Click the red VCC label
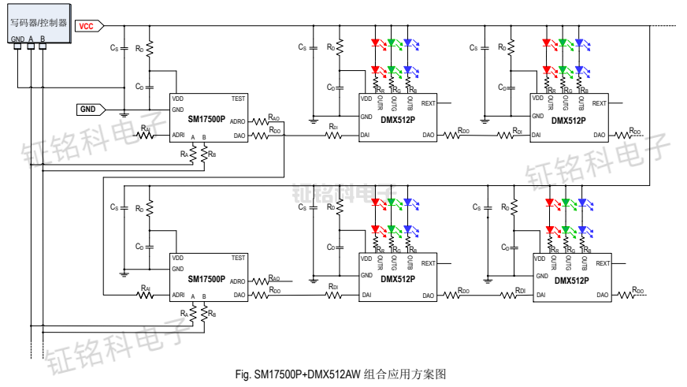(86, 26)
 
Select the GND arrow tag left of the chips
(88, 109)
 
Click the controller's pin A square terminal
(31, 46)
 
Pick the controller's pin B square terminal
(43, 46)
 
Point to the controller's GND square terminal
(17, 46)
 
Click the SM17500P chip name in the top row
(206, 121)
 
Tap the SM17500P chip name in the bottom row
(206, 279)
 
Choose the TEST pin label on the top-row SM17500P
(238, 99)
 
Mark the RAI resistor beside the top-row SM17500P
(146, 135)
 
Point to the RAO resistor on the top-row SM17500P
(273, 122)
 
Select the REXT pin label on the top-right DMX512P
(600, 103)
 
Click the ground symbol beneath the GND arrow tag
(124, 114)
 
